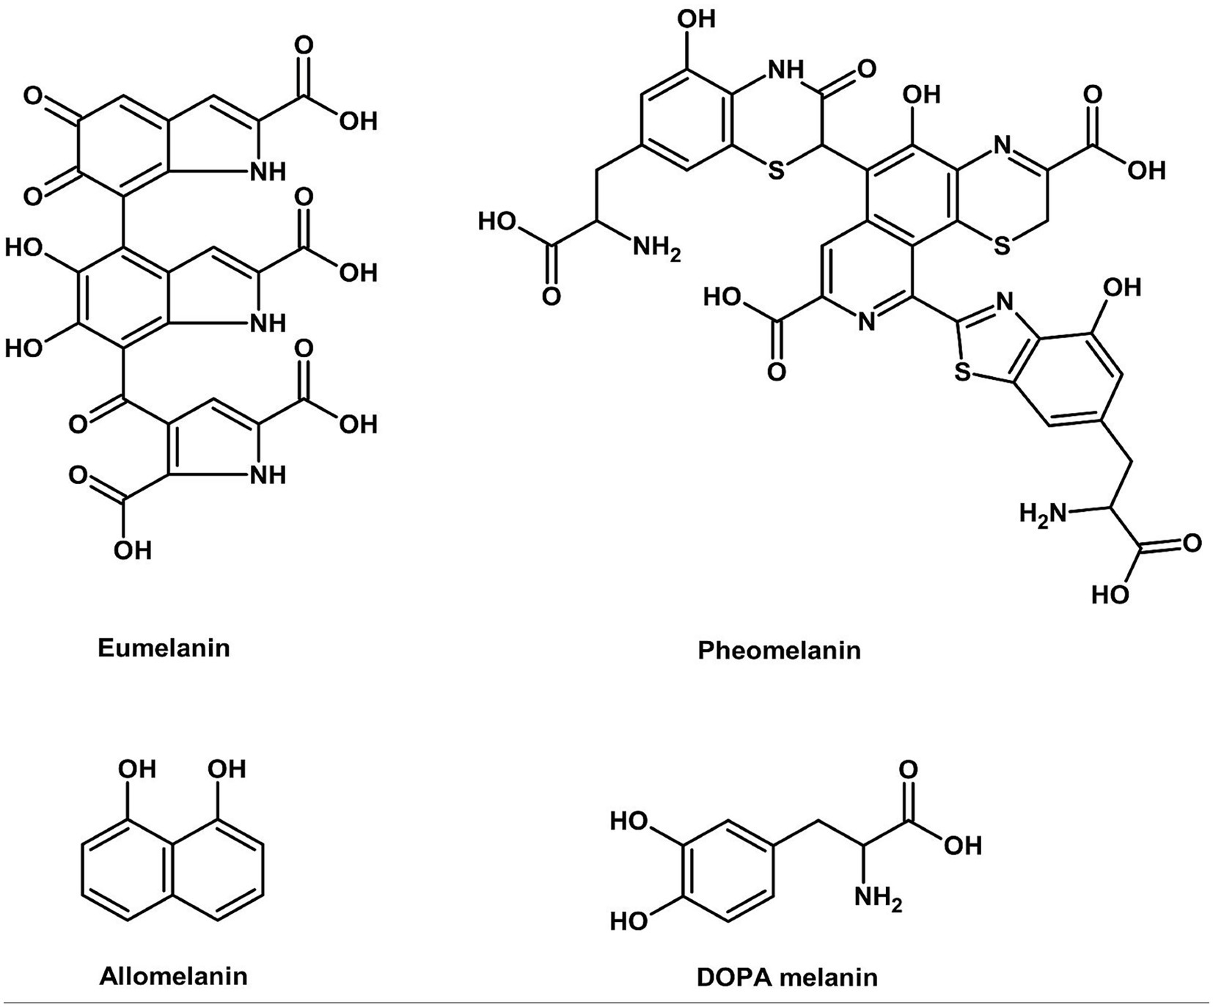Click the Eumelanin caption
click(164, 648)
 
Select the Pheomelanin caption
click(779, 650)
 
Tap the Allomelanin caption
click(173, 976)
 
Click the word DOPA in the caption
click(734, 977)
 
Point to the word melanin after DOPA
click(830, 977)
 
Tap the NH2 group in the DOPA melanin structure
click(878, 897)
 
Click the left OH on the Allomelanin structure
click(137, 769)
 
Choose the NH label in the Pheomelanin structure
click(786, 69)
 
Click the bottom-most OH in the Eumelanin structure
click(133, 549)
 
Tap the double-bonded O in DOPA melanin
click(908, 770)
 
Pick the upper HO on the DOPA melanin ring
click(629, 822)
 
